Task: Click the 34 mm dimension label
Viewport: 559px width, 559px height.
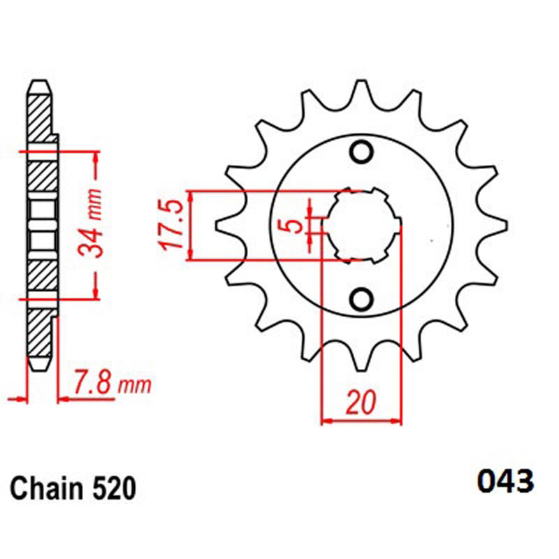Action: (91, 223)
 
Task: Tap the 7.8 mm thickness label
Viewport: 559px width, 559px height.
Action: (112, 382)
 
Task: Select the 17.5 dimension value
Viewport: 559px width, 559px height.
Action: (173, 224)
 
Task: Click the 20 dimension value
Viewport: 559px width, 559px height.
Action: (361, 402)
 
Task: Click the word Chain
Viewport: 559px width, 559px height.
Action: (45, 488)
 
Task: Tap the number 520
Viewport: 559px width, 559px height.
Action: (114, 488)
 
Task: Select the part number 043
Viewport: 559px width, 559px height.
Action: (505, 481)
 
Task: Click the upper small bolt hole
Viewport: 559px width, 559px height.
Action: (361, 152)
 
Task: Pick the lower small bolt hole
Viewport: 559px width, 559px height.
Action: (361, 299)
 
